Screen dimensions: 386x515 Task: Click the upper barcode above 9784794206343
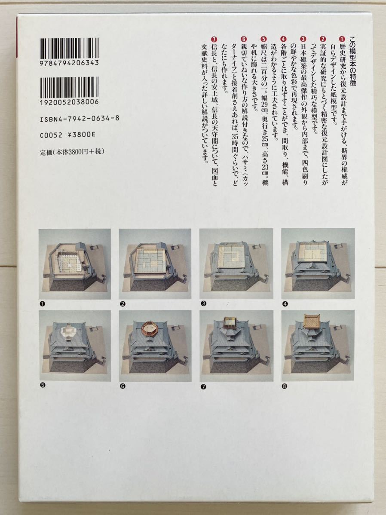pyautogui.click(x=69, y=48)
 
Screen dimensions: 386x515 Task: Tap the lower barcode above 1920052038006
pyautogui.click(x=69, y=87)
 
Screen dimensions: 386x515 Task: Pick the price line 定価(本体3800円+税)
pyautogui.click(x=72, y=152)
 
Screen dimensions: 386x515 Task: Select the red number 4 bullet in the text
pyautogui.click(x=284, y=39)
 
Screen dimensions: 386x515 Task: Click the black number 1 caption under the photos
pyautogui.click(x=42, y=304)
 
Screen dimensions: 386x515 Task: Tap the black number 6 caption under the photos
pyautogui.click(x=123, y=386)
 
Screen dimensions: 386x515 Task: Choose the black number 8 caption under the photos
pyautogui.click(x=285, y=386)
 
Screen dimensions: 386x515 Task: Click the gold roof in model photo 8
pyautogui.click(x=312, y=319)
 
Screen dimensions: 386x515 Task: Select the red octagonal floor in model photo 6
pyautogui.click(x=150, y=327)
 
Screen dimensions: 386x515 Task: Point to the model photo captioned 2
pyautogui.click(x=155, y=264)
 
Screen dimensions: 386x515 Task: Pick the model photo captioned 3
pyautogui.click(x=236, y=264)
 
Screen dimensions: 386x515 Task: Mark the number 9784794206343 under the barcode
pyautogui.click(x=69, y=63)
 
